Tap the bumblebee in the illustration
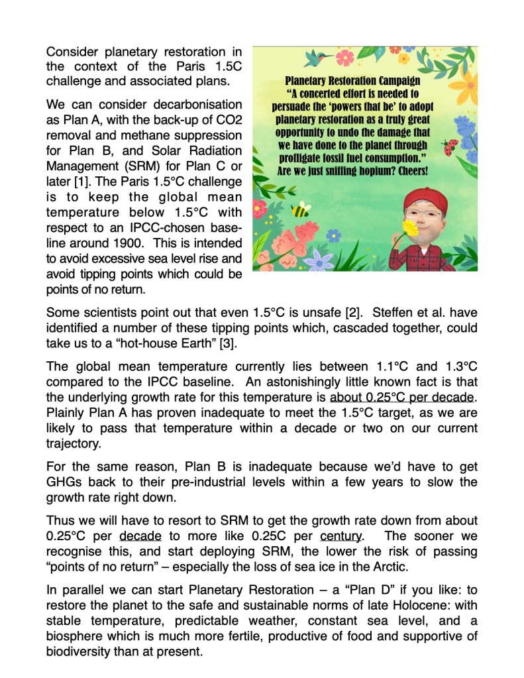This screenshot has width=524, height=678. coord(301,210)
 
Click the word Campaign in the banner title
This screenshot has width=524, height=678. coord(393,82)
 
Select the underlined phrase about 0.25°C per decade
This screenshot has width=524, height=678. coord(401,397)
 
